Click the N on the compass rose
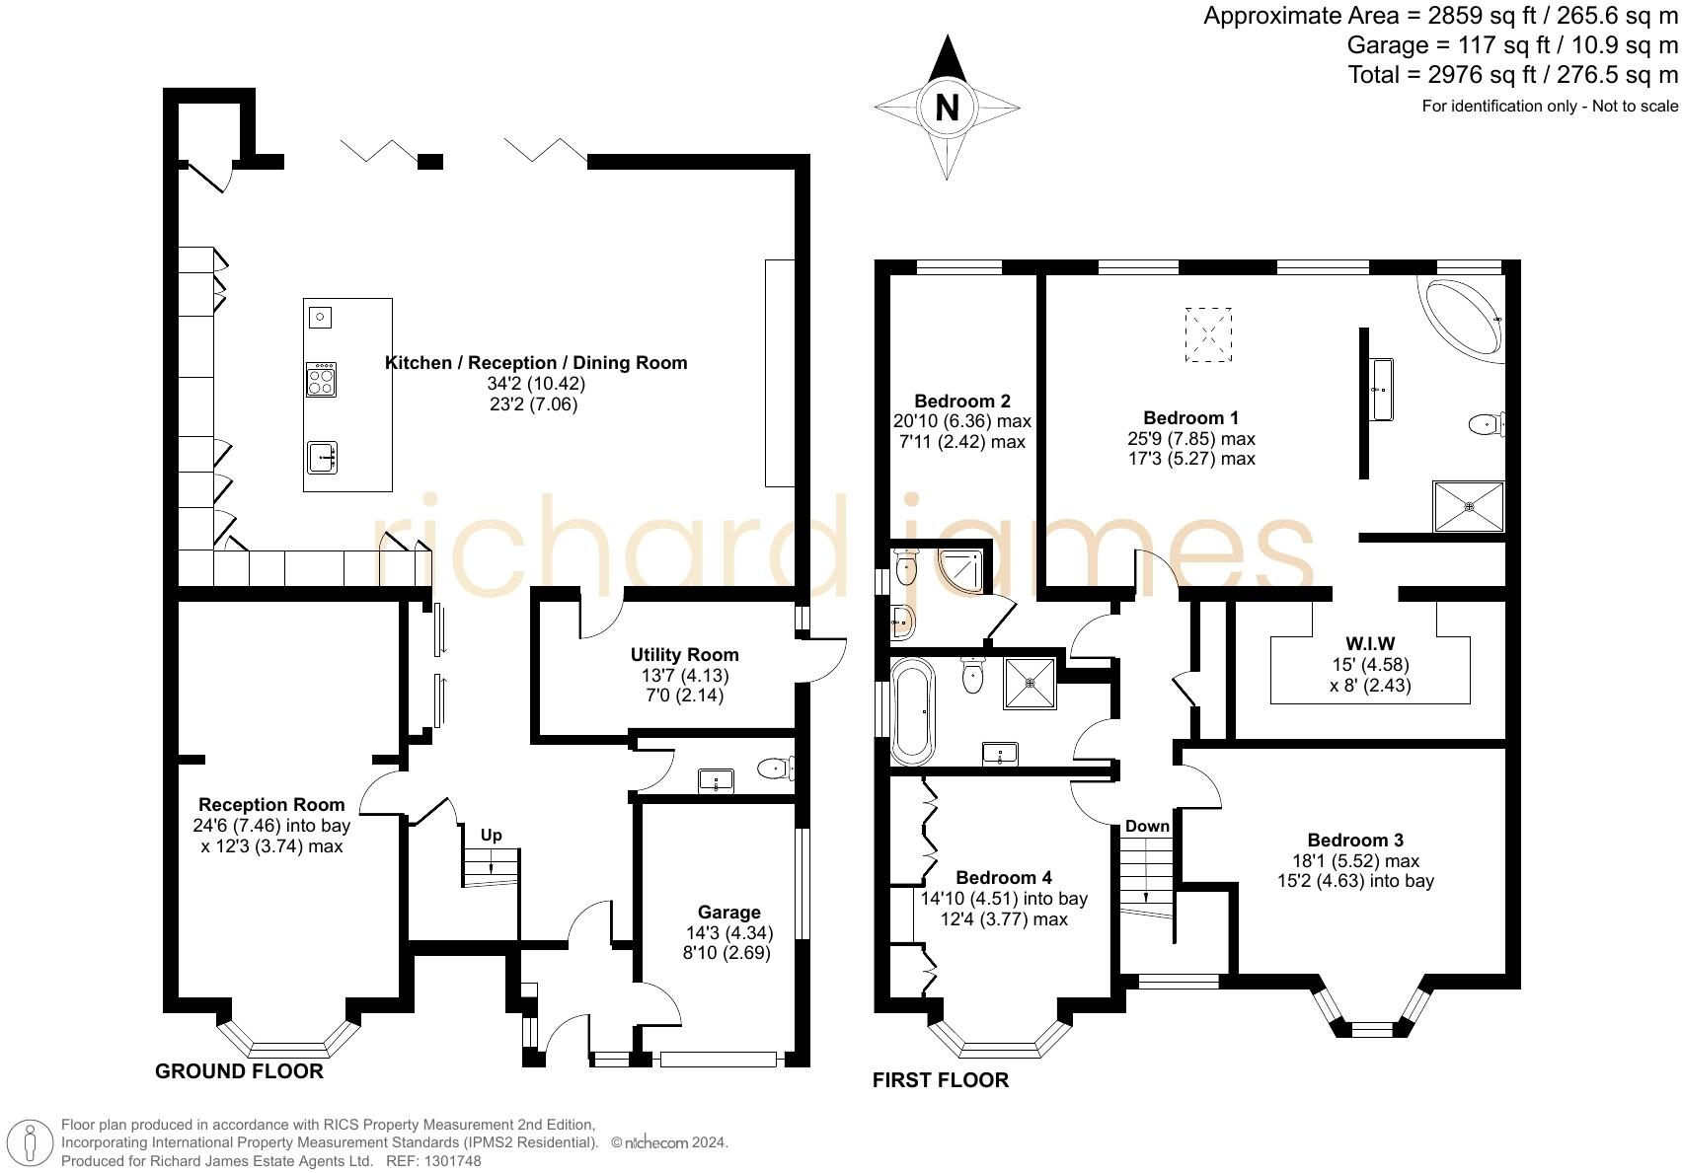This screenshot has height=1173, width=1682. (947, 108)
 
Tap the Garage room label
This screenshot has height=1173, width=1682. (729, 912)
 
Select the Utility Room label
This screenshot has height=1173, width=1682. (684, 654)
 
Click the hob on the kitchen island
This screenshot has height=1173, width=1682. (322, 379)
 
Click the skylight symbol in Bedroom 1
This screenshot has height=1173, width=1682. (1208, 334)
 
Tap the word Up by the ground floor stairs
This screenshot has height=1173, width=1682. (492, 836)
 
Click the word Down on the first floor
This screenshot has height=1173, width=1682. (1147, 826)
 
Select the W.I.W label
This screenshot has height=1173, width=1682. (1370, 643)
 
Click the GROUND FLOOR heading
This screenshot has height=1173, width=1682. (239, 1071)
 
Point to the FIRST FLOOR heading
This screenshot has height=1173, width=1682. (940, 1080)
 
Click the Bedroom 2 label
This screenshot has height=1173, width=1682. (961, 401)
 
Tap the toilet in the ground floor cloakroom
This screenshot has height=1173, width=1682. (775, 768)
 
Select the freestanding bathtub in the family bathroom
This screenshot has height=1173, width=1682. (913, 710)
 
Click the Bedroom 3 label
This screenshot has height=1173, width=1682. (1355, 840)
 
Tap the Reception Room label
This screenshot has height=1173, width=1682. (271, 804)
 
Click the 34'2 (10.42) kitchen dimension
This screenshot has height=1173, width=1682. (536, 384)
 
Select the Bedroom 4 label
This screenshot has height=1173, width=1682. (1004, 877)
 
